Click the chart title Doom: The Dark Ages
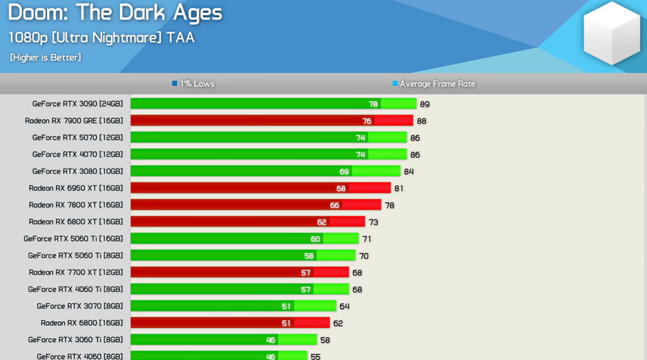pyautogui.click(x=115, y=12)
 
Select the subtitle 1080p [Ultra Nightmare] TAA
pyautogui.click(x=101, y=37)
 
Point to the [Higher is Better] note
pyautogui.click(x=45, y=57)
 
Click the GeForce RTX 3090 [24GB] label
pyautogui.click(x=77, y=104)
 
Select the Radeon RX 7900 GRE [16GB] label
pyautogui.click(x=74, y=121)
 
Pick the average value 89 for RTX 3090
pyautogui.click(x=425, y=104)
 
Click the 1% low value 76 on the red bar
pyautogui.click(x=367, y=121)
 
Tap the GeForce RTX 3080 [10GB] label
pyautogui.click(x=77, y=171)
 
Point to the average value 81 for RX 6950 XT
pyautogui.click(x=398, y=189)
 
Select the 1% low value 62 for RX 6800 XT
pyautogui.click(x=322, y=222)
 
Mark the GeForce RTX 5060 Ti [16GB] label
pyautogui.click(x=73, y=238)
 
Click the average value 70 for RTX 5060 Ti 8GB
pyautogui.click(x=364, y=256)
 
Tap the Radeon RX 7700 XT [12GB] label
pyautogui.click(x=76, y=272)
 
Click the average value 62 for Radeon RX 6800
pyautogui.click(x=338, y=323)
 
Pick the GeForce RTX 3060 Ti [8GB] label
pyautogui.click(x=75, y=340)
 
